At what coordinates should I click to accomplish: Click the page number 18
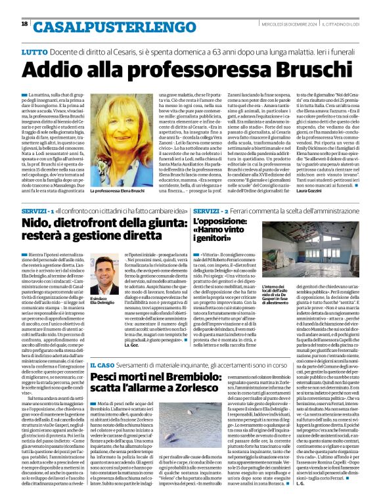24,24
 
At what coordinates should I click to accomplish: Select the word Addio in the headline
51,69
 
